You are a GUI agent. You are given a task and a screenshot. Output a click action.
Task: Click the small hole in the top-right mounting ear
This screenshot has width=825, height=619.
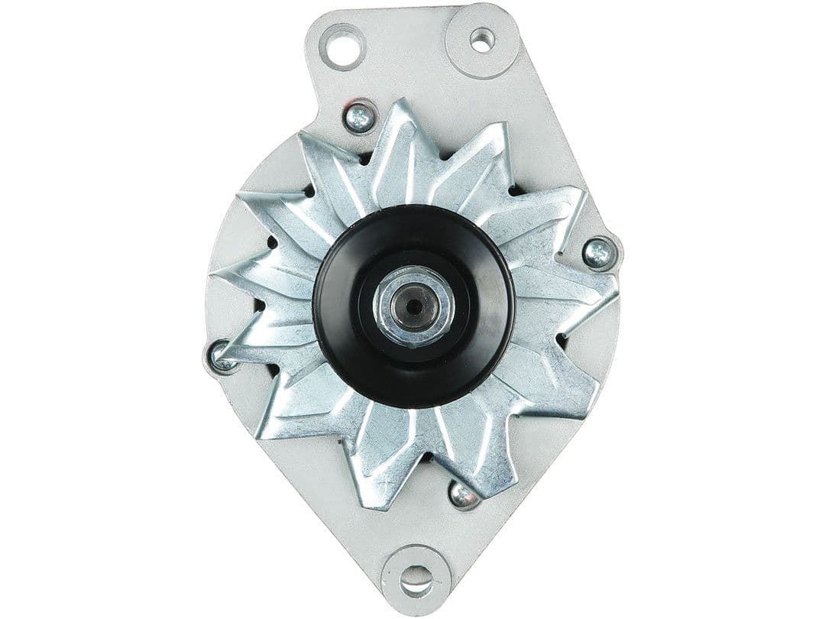pos(481,39)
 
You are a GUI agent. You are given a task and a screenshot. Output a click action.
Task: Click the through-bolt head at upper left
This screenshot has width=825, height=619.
pos(357,117)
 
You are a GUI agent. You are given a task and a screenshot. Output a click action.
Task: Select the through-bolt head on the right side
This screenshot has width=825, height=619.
pos(597,253)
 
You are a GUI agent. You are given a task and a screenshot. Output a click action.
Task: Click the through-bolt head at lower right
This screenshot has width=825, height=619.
pos(461,495)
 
